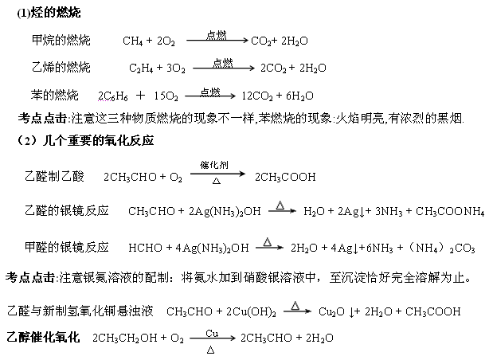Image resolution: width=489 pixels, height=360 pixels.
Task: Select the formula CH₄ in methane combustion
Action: click(x=132, y=41)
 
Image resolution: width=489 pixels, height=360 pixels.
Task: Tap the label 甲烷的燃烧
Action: click(x=61, y=40)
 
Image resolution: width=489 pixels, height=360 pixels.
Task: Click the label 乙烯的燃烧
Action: click(x=61, y=67)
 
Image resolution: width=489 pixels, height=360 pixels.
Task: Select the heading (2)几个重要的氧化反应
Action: click(x=86, y=141)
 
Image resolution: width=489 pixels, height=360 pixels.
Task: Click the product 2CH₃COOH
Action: click(x=285, y=176)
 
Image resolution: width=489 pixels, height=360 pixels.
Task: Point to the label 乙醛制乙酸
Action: click(x=55, y=176)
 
